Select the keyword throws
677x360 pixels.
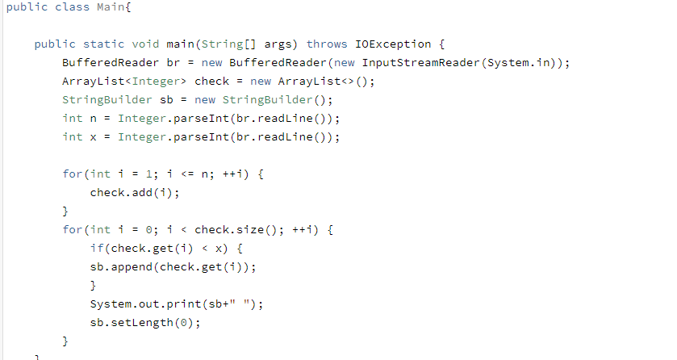327,44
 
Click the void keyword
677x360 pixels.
146,44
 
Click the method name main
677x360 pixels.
181,44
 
